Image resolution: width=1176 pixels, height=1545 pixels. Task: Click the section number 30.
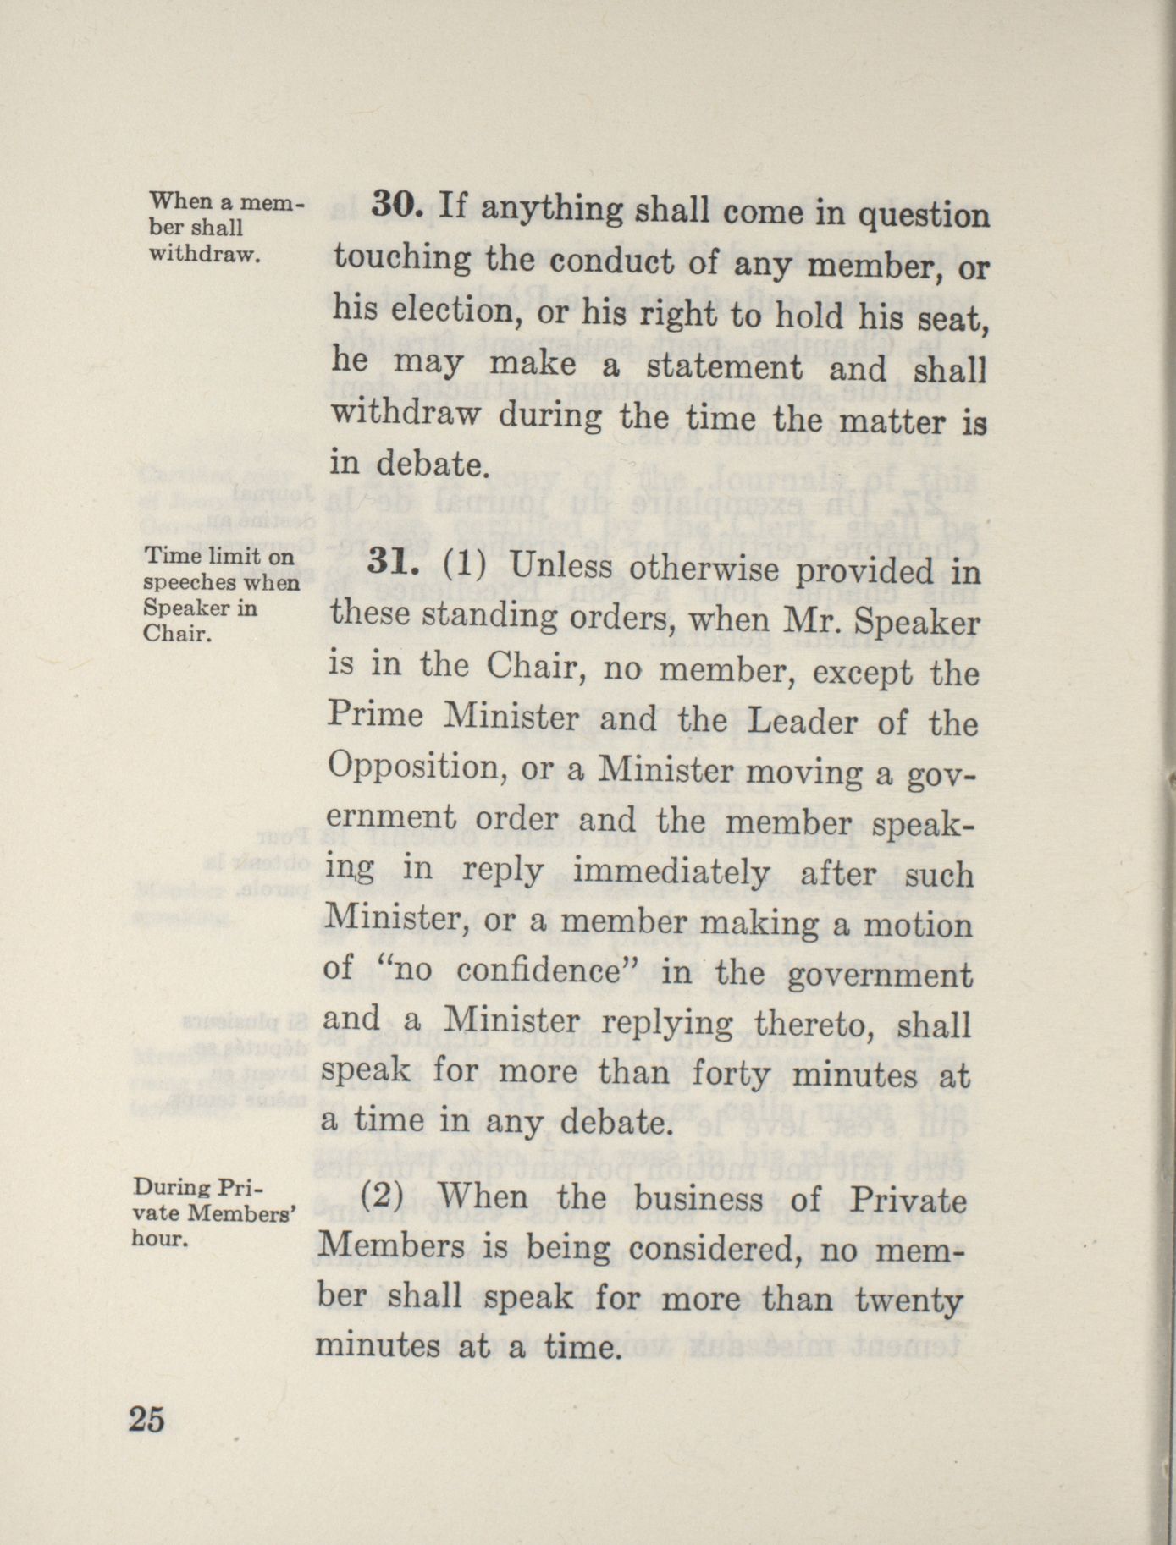(395, 206)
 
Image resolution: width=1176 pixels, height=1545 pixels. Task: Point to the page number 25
(146, 1419)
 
